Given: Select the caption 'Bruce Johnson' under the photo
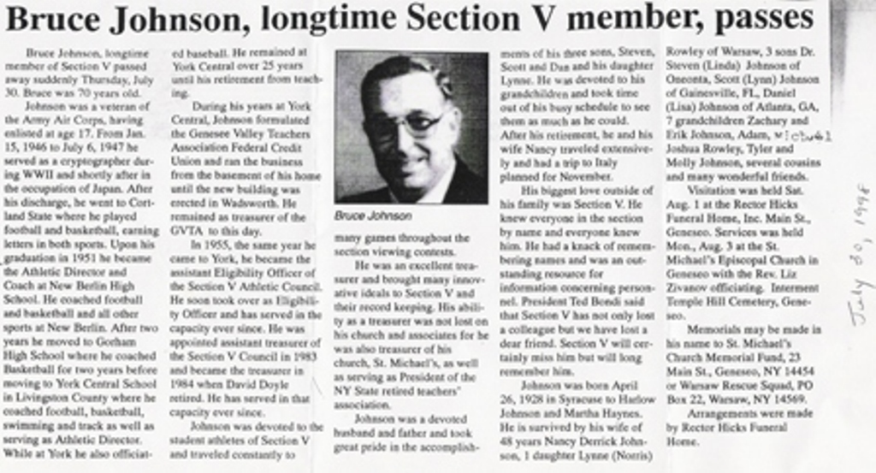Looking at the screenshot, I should point(374,216).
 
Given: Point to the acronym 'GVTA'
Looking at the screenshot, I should point(187,231).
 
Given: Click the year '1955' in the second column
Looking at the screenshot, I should point(217,245).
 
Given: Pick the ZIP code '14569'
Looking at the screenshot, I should point(785,398).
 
